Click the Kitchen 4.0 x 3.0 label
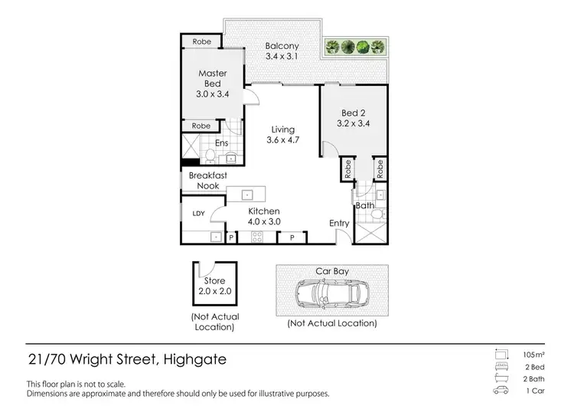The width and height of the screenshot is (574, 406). (x=264, y=216)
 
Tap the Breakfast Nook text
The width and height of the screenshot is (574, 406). (x=204, y=181)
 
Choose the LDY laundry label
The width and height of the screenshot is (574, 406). (x=197, y=214)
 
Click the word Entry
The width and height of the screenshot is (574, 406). (x=339, y=224)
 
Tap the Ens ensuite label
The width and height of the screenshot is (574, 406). (x=221, y=142)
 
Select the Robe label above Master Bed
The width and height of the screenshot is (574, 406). (x=202, y=41)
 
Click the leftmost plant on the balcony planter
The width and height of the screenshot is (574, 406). (x=333, y=47)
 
